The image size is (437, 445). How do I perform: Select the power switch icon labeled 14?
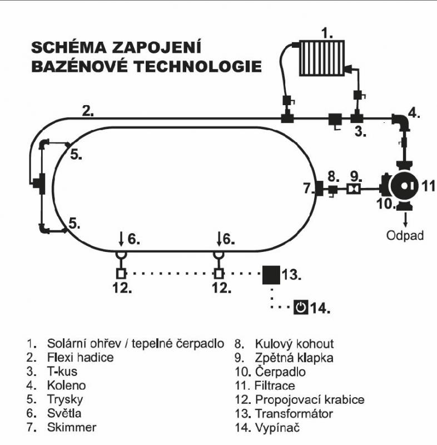(301, 307)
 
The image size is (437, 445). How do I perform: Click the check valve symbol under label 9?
(352, 190)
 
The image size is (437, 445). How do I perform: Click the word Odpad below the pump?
(405, 235)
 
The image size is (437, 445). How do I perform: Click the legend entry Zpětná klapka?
(294, 358)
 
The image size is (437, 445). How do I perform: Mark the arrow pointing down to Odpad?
(405, 219)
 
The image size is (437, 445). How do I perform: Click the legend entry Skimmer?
(72, 427)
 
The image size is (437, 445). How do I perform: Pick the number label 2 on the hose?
(87, 110)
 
